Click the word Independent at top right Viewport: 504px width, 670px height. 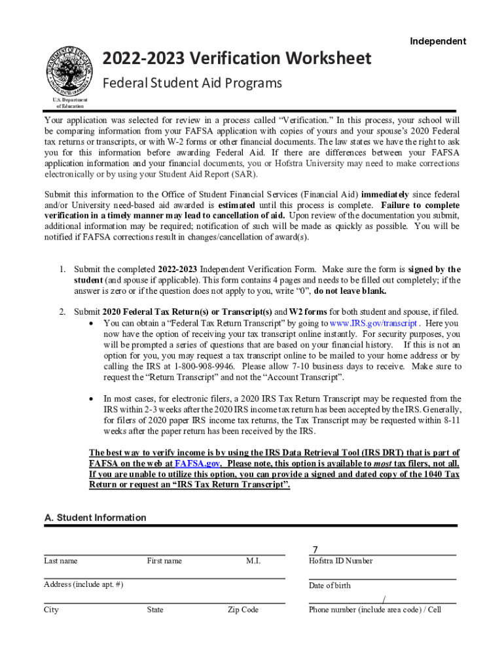point(438,41)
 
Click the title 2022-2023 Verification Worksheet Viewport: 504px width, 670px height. point(237,59)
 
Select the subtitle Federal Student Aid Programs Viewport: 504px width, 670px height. point(192,83)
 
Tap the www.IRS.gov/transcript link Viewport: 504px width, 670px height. point(373,323)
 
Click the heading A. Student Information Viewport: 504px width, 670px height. point(95,518)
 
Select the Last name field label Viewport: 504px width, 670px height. point(60,561)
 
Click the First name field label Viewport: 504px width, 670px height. point(164,561)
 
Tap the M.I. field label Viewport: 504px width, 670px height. point(253,561)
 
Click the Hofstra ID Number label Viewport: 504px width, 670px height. point(340,561)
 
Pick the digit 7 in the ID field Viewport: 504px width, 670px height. point(315,550)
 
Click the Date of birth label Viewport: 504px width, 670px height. point(329,586)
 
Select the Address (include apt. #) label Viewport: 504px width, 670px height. point(83,584)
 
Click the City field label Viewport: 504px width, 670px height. point(51,610)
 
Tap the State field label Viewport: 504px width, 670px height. point(155,610)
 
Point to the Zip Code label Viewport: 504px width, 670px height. point(243,610)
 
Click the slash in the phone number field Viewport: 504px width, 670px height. point(383,599)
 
